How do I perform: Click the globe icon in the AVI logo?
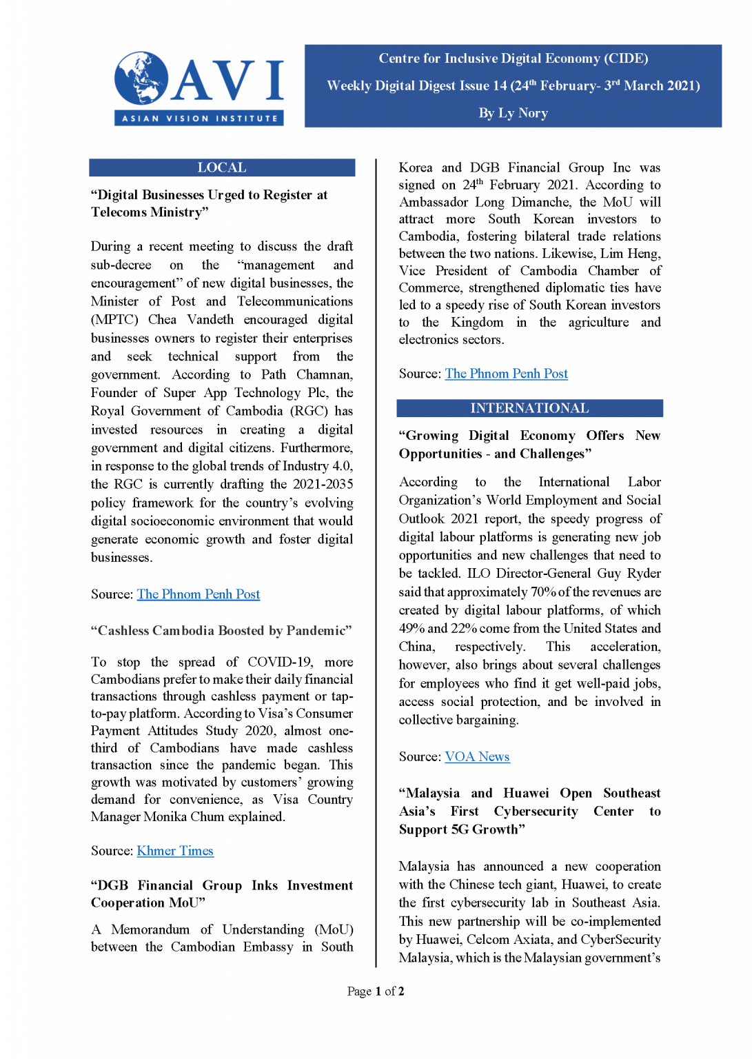pos(141,77)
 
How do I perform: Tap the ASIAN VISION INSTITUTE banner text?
pos(199,119)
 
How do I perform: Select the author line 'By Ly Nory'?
pos(513,113)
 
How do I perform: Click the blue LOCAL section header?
pos(222,168)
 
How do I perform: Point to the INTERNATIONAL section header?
pos(529,408)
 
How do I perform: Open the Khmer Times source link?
pos(175,851)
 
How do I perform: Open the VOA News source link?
pos(477,756)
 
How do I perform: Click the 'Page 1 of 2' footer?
pos(376,991)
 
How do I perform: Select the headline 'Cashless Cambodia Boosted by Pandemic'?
pos(221,630)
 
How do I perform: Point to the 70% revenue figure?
pos(542,592)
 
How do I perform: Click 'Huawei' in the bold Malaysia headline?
pos(526,793)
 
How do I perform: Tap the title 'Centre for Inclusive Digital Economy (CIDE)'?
pos(513,59)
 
